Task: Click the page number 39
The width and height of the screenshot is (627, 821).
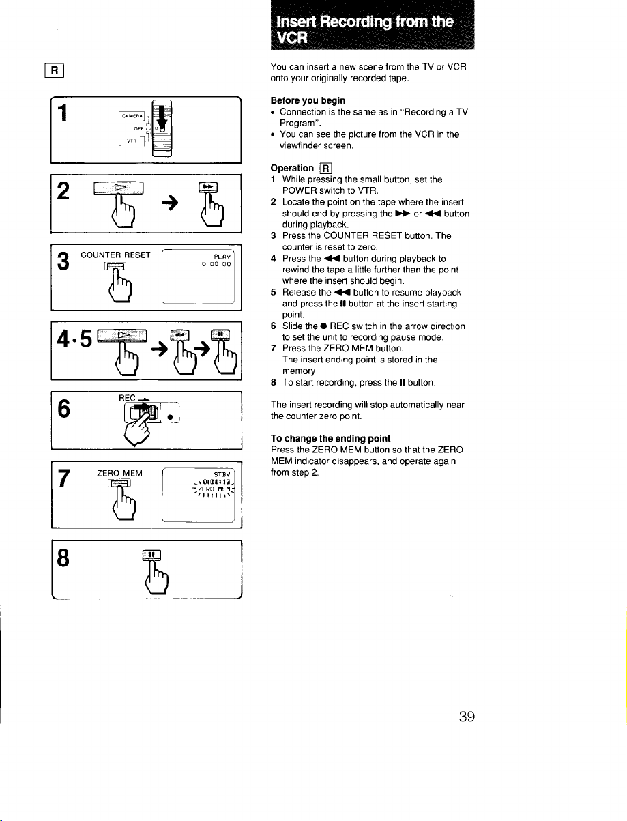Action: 467,717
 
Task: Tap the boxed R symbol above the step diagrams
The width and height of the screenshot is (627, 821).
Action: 54,70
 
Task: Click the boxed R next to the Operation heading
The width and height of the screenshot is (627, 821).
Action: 325,169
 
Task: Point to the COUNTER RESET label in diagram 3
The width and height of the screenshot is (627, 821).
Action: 115,255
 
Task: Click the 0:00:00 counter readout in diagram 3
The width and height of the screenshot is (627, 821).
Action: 216,264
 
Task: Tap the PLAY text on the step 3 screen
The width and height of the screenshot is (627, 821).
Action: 222,256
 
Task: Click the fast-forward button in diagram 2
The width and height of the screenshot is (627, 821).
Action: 208,186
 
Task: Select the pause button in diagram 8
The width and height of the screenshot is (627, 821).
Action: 151,555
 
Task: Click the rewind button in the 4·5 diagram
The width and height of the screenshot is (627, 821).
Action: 180,335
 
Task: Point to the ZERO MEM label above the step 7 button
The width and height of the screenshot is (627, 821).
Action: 119,473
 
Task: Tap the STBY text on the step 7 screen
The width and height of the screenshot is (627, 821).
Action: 222,474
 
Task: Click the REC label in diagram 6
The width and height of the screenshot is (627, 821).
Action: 127,398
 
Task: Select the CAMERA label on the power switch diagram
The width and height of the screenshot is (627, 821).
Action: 132,116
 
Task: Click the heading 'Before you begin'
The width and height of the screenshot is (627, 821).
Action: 308,100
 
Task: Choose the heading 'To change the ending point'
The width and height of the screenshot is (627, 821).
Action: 330,438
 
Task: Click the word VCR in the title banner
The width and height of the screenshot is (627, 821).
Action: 292,38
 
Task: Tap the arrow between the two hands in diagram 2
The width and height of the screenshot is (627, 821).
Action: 170,203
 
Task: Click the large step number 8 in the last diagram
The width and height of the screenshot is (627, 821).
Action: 63,558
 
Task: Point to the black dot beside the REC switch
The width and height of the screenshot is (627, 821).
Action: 170,417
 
